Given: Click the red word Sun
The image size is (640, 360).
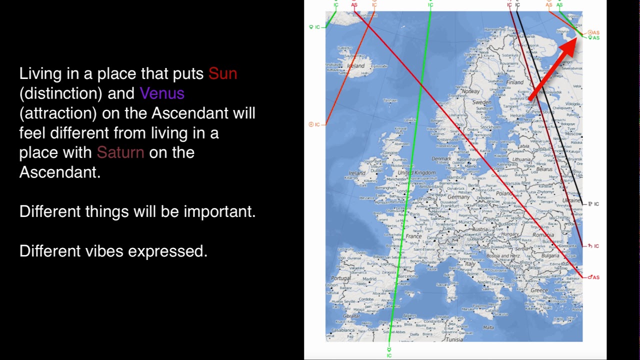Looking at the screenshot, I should pos(222,74).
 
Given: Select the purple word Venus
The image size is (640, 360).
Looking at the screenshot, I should pos(162,93).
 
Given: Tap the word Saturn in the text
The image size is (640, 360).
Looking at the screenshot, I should pos(120,152).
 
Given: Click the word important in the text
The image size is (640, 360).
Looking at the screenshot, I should pos(219,211).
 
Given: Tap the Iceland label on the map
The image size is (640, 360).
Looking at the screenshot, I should pos(355,65).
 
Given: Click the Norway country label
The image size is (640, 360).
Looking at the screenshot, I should pos(470,91).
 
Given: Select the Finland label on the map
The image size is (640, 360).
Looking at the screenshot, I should pos(514,82).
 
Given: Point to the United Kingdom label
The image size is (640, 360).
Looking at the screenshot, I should pos(416,172).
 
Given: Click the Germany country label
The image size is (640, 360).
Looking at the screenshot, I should pos(458,197).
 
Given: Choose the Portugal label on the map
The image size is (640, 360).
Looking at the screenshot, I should pos(340,278).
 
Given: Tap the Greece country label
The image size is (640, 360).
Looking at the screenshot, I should pos(539,290).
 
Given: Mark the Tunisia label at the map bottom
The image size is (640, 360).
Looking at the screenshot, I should pos(454,339).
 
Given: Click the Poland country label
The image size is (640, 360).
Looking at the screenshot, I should pos(504,193).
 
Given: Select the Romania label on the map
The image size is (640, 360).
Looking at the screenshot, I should pos(543,234).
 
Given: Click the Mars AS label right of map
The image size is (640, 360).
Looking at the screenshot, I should pos(593,277).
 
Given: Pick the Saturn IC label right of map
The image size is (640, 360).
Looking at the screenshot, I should pos(593,246).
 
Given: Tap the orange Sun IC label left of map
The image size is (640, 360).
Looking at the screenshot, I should pos(314,124).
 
